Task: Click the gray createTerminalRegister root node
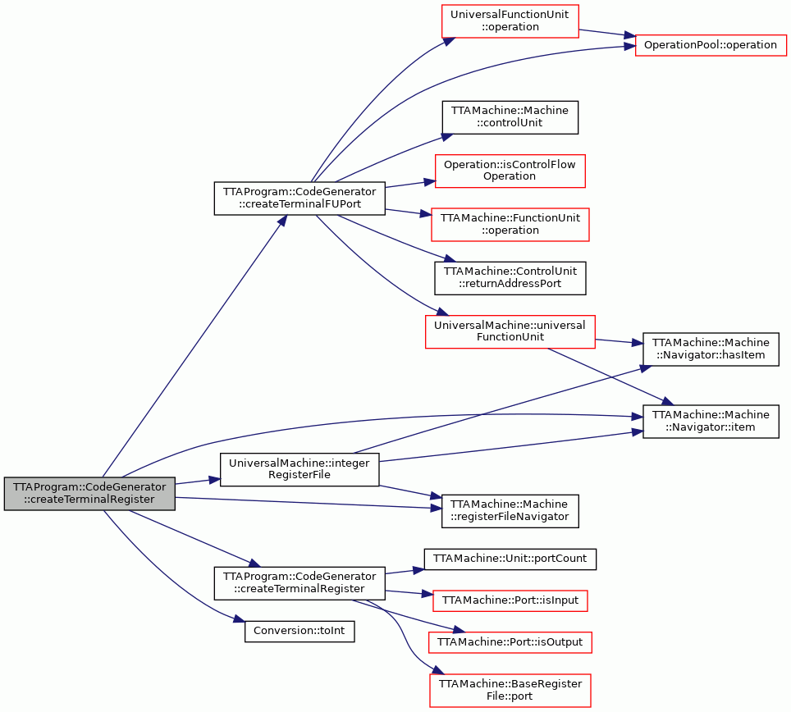(89, 493)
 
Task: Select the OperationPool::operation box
(711, 45)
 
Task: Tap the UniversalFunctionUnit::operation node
(510, 21)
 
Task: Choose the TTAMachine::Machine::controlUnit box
(510, 117)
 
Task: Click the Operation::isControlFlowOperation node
(510, 171)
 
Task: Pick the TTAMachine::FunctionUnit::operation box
(510, 225)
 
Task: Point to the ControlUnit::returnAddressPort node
(510, 278)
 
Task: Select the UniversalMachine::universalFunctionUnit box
(510, 331)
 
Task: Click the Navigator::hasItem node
(711, 349)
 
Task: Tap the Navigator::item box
(711, 421)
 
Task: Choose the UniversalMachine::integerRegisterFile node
(299, 469)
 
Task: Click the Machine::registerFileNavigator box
(510, 511)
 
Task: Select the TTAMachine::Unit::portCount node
(510, 559)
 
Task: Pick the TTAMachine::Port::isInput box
(510, 600)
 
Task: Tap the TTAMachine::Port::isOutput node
(510, 642)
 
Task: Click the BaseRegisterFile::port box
(510, 691)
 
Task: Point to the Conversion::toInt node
(299, 632)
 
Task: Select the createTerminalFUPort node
(299, 199)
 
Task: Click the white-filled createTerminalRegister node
(299, 583)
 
